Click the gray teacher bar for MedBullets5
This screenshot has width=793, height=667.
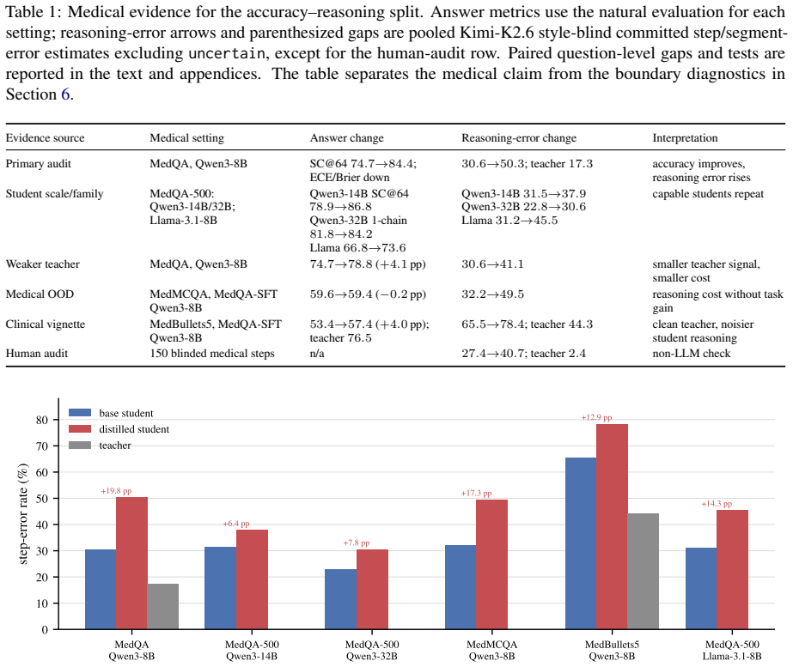coord(643,571)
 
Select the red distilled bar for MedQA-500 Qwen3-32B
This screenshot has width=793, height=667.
coord(372,589)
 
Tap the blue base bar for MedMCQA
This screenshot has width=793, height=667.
coord(461,587)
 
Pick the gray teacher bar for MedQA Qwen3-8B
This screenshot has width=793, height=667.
coord(163,606)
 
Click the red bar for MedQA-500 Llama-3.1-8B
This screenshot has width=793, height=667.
coord(732,569)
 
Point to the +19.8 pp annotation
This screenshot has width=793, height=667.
coord(116,491)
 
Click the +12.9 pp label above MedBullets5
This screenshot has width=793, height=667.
coord(596,417)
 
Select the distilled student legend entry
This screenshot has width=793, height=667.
coord(119,429)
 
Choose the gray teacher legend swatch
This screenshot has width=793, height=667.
coord(80,446)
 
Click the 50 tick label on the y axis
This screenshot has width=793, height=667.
coord(42,498)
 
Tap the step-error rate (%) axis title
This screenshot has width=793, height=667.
coord(23,513)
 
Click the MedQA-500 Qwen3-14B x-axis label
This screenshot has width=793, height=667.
coord(252,651)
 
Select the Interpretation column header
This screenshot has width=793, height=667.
coord(685,138)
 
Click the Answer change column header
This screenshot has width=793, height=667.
coord(347,138)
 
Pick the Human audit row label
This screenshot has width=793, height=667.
coord(37,353)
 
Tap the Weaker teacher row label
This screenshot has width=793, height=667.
coord(42,264)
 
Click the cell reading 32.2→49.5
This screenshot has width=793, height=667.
coord(492,294)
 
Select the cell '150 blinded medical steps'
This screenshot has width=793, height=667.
coord(212,353)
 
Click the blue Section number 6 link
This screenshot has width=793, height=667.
coord(65,94)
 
